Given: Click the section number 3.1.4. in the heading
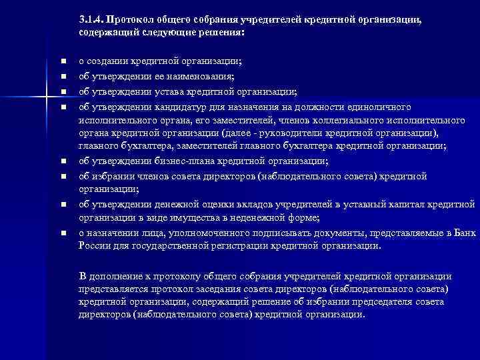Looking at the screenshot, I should (91, 19).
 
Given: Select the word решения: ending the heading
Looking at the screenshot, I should (223, 32).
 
